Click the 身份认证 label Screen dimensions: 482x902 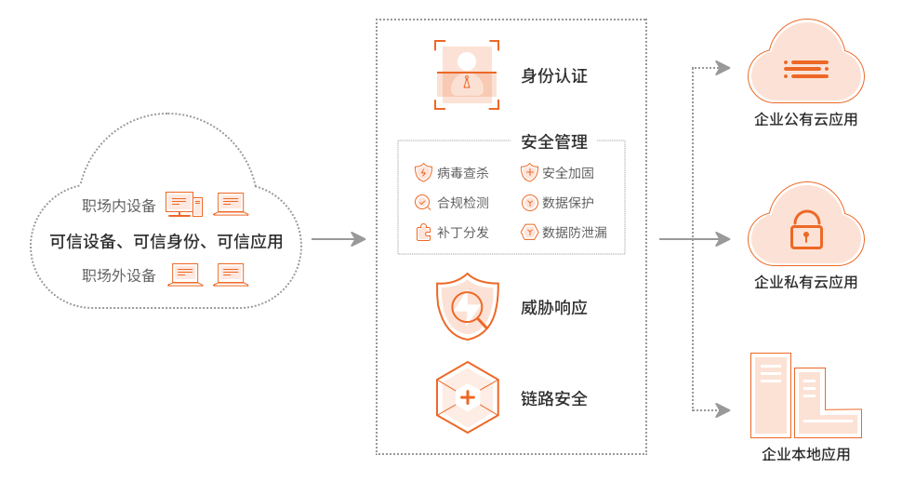click(554, 76)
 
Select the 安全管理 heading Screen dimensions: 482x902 click(554, 141)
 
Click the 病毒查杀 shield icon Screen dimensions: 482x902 click(423, 173)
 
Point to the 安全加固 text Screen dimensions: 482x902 click(567, 173)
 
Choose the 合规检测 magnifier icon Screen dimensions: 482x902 click(423, 203)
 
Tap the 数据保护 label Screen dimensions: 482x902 click(567, 203)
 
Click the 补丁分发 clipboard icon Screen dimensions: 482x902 click(423, 233)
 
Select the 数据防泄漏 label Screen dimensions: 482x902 click(574, 233)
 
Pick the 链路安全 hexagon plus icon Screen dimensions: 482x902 click(467, 398)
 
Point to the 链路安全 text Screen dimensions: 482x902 click(554, 398)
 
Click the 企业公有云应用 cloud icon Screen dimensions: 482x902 click(805, 67)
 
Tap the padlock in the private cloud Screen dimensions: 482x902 click(805, 230)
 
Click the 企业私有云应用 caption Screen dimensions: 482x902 click(805, 283)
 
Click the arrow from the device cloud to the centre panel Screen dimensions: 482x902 click(338, 240)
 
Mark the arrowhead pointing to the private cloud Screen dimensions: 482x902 click(726, 240)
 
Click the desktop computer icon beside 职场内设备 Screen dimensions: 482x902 click(183, 204)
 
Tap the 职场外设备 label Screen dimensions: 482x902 click(118, 275)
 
